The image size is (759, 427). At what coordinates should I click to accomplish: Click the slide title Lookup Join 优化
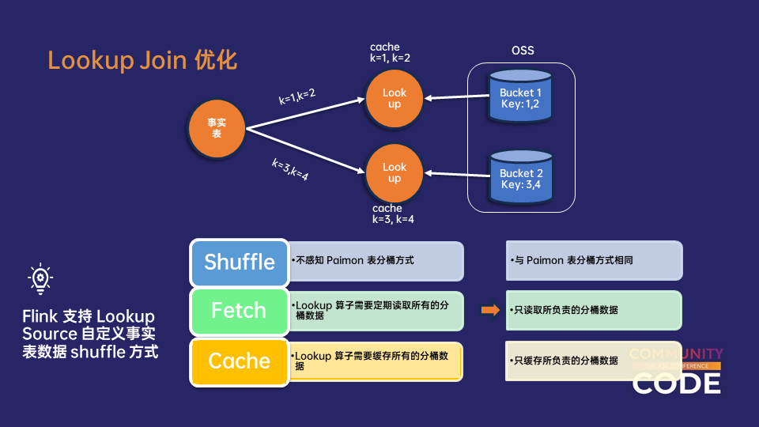142,60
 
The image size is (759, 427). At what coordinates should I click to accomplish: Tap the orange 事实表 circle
217,129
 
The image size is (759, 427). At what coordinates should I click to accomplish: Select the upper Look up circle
394,99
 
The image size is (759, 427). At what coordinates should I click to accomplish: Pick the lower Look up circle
394,172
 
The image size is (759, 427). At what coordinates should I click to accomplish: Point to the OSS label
523,51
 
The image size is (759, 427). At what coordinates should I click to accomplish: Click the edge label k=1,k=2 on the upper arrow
297,96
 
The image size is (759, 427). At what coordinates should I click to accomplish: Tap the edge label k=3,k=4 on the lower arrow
290,170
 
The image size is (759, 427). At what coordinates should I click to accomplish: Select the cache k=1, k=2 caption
390,52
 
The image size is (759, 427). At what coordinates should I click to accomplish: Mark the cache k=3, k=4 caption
393,213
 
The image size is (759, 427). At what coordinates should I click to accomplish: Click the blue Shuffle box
240,263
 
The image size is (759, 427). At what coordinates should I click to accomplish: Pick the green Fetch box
239,311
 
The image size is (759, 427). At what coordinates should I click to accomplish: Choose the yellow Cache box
239,361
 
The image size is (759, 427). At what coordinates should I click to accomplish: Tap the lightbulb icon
40,279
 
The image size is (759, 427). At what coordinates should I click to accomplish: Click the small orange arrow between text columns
490,310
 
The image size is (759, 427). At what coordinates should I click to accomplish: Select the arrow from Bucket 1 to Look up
456,97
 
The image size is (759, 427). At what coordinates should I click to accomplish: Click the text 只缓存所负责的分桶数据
565,361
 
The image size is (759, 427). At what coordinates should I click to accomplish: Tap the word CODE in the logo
677,383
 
